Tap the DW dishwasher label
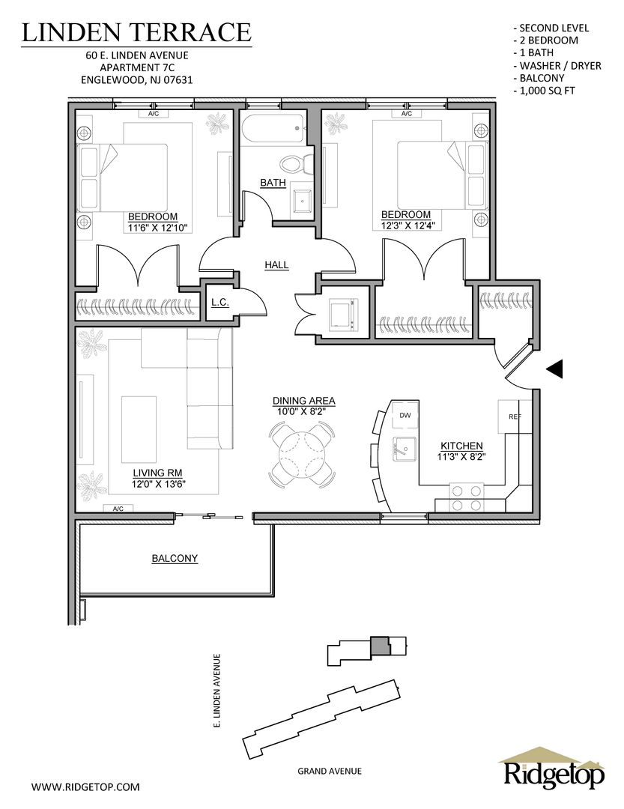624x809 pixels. click(405, 415)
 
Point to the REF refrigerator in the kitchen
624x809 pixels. click(515, 416)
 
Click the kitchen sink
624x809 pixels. click(405, 447)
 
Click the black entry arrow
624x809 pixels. click(554, 369)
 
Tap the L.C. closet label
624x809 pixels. click(220, 303)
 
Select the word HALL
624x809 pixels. click(276, 265)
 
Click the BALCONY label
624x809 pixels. click(175, 558)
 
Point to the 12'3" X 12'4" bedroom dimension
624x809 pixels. click(406, 225)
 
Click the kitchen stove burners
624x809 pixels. click(467, 497)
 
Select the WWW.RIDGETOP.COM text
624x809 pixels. click(85, 787)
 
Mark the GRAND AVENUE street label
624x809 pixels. click(330, 771)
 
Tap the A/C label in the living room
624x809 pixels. click(118, 509)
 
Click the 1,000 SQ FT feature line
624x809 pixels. click(545, 91)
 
